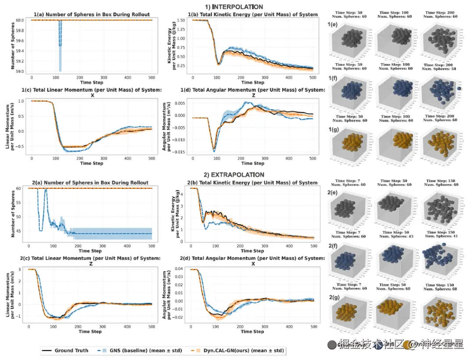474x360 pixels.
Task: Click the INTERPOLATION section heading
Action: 234,7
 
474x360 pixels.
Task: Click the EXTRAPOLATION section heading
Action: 234,175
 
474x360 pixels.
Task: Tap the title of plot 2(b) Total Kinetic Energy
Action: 252,183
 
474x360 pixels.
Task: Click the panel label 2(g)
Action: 332,297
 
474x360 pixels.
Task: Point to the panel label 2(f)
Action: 332,246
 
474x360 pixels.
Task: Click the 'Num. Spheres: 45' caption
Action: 396,236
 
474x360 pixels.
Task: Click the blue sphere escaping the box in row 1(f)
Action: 459,89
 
